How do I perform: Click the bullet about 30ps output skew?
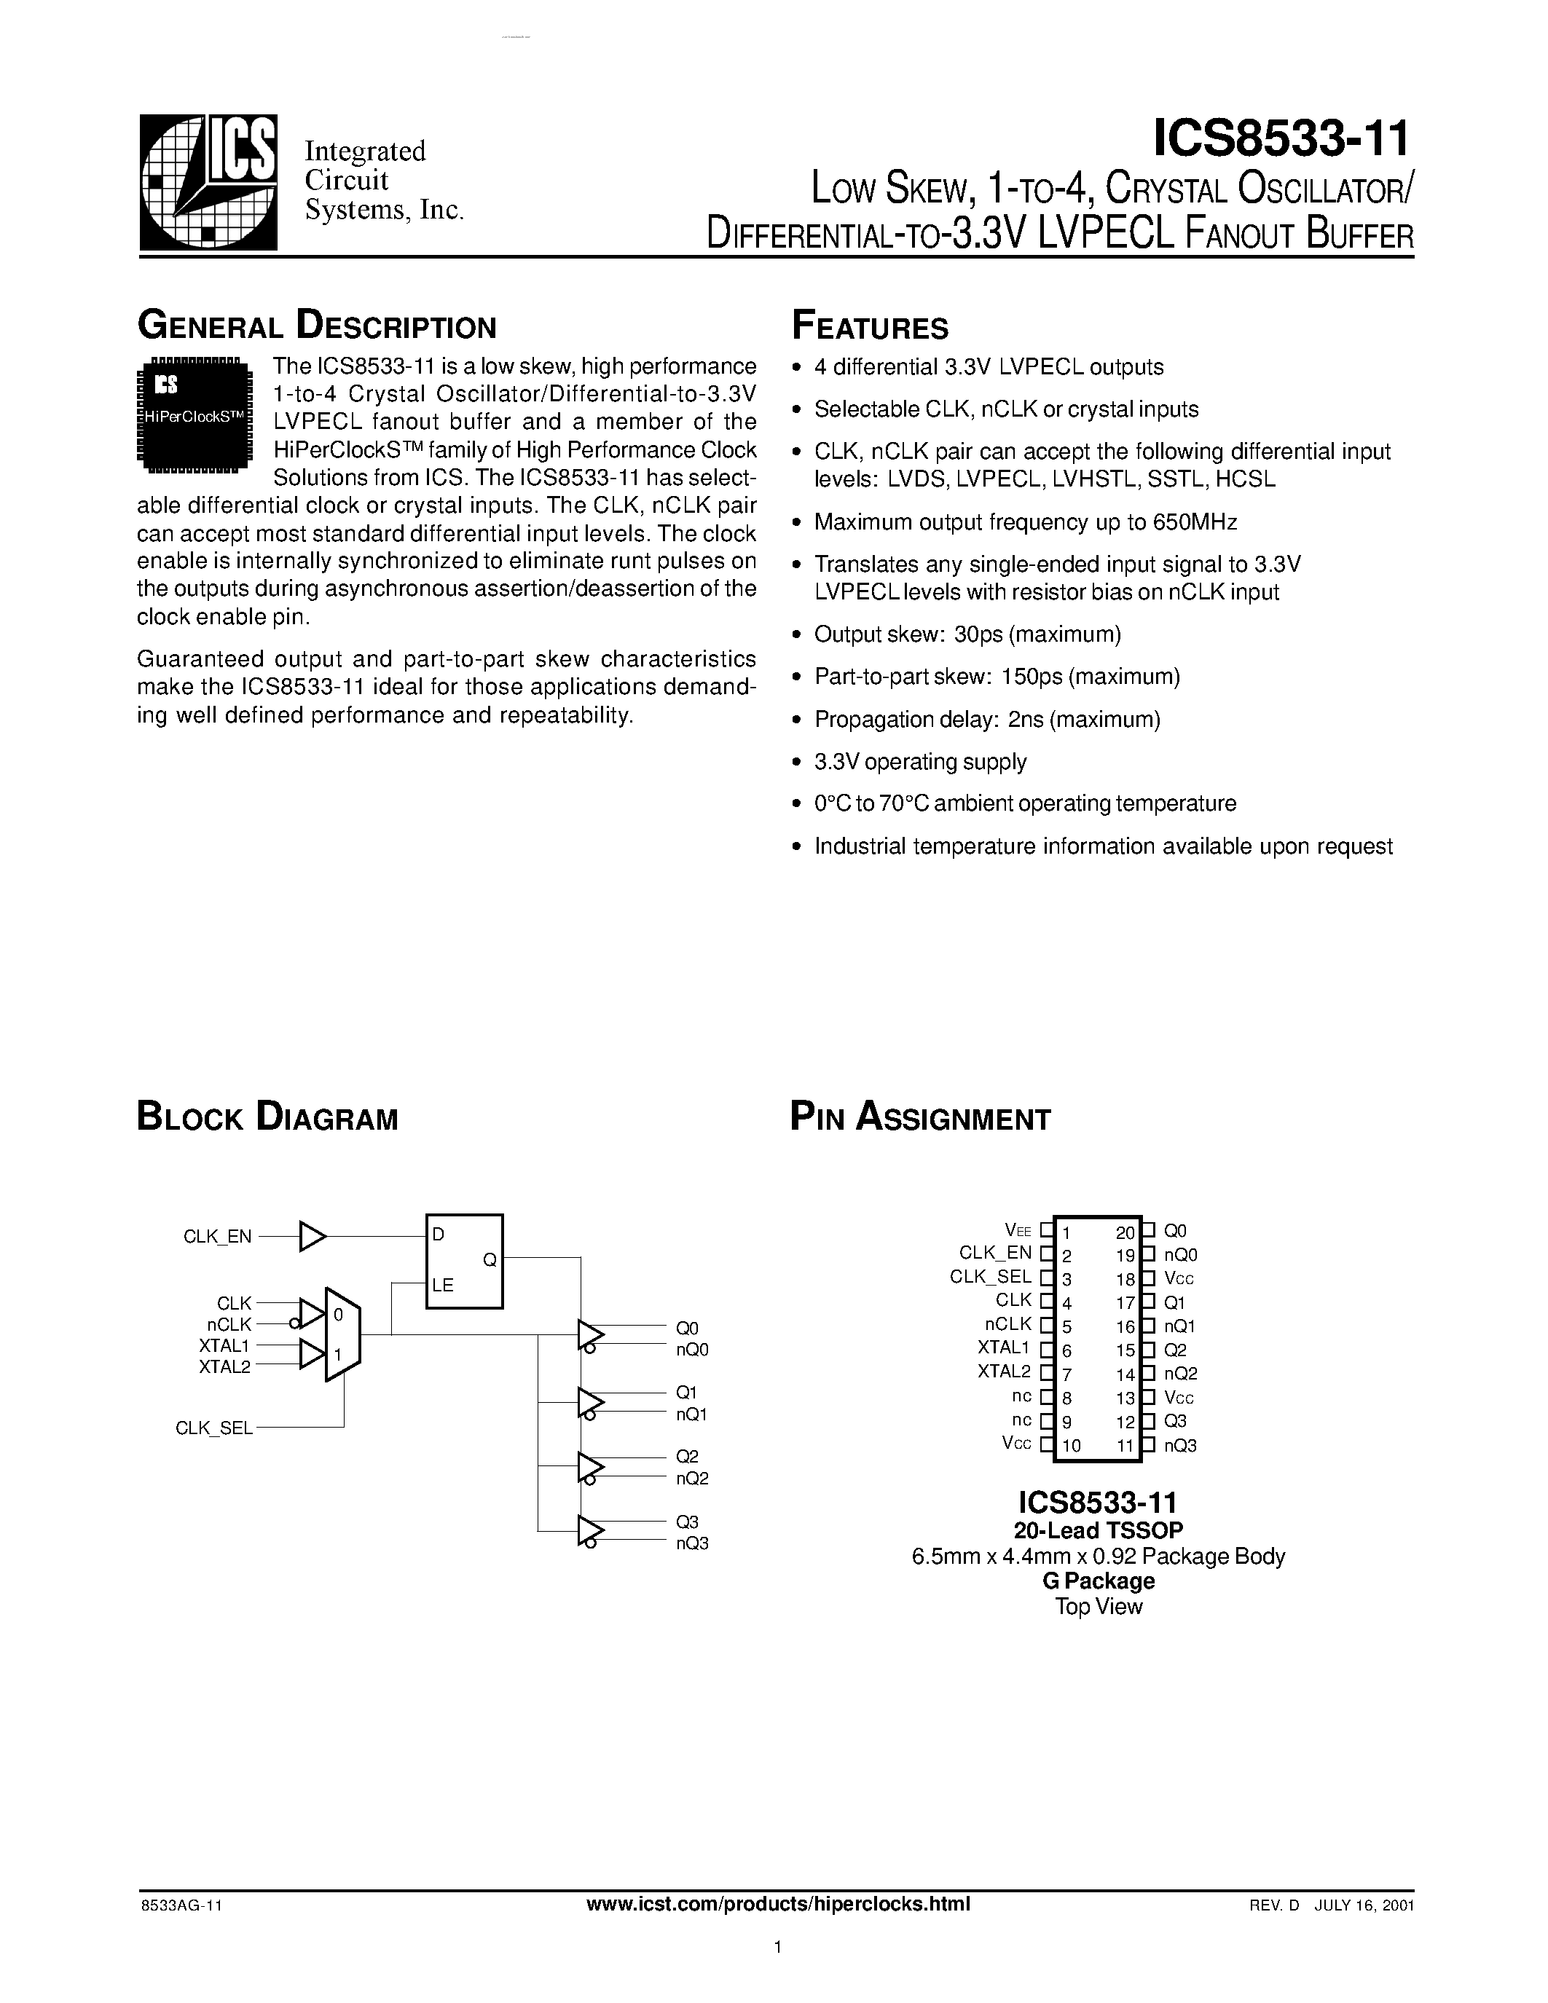[967, 634]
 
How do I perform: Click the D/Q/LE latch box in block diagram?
[464, 1260]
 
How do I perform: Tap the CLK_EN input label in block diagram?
[217, 1236]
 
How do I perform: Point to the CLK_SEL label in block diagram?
[213, 1428]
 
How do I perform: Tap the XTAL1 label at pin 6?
[1003, 1347]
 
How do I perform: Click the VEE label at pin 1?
[1018, 1231]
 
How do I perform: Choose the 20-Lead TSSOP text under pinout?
[1098, 1530]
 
